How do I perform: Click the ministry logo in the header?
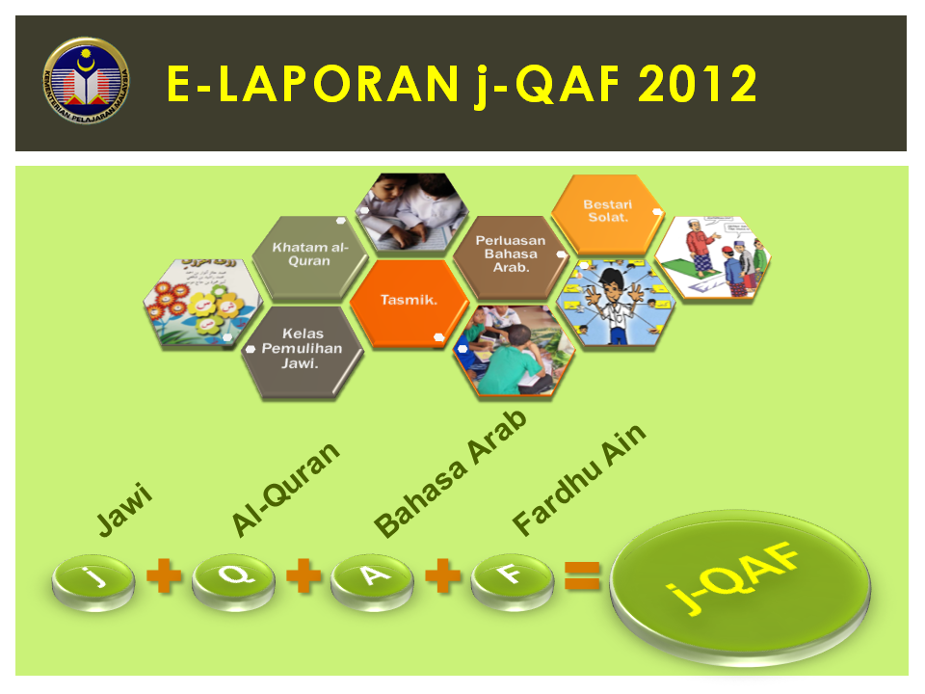pos(88,84)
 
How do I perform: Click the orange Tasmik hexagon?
pos(409,301)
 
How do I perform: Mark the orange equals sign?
pos(582,576)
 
